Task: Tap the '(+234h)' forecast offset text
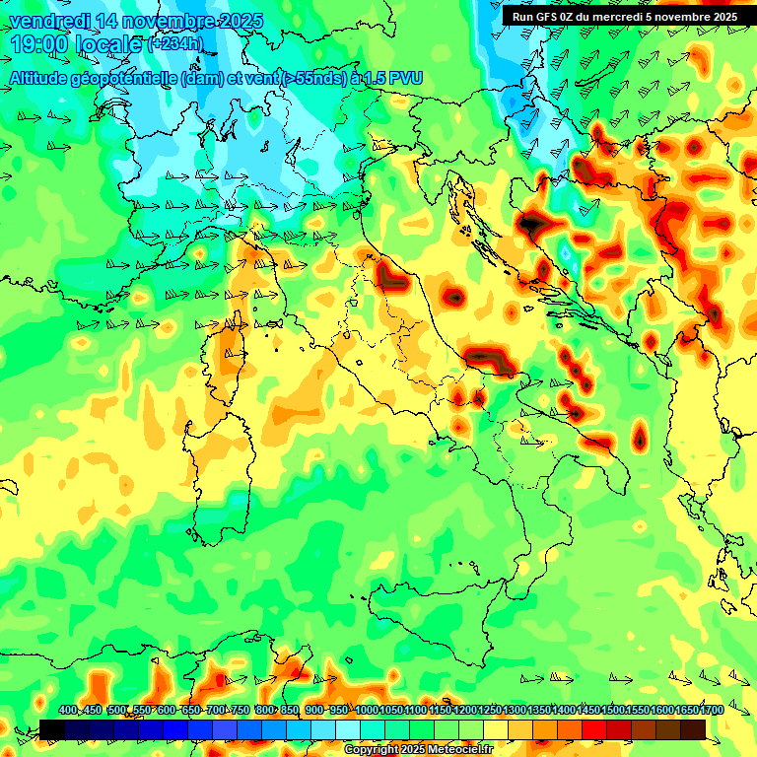[175, 44]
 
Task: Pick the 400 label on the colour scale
[68, 711]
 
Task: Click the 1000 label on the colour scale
[366, 711]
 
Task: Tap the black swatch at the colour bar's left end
[51, 729]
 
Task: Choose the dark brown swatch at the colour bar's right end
[693, 729]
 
